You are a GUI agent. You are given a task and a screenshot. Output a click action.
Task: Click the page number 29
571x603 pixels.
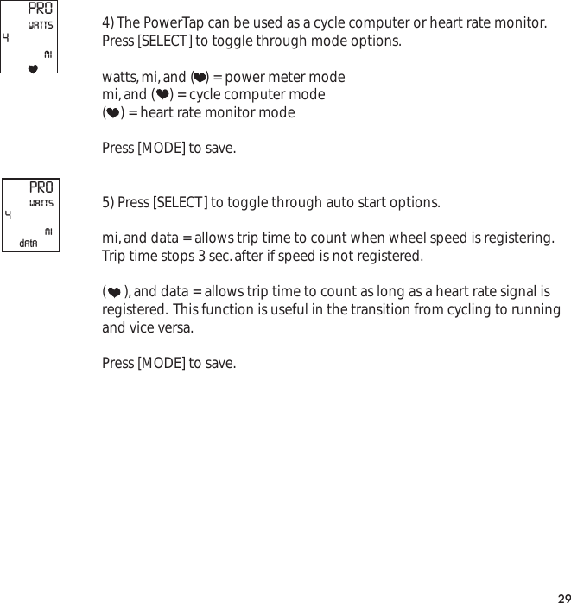[x=562, y=595]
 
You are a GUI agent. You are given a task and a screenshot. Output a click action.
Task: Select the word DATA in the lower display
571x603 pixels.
[x=29, y=244]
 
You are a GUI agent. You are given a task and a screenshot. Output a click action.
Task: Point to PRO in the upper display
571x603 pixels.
[x=41, y=10]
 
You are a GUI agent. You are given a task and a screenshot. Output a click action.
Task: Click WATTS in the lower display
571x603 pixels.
[x=41, y=203]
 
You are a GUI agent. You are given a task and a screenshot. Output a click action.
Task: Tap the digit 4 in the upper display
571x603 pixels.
[x=7, y=39]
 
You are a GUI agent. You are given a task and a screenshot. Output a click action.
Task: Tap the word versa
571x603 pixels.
[x=174, y=328]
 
